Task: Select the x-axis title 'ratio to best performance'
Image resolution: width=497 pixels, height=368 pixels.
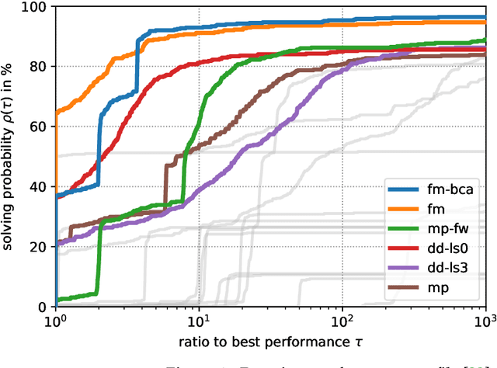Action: tap(270, 343)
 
